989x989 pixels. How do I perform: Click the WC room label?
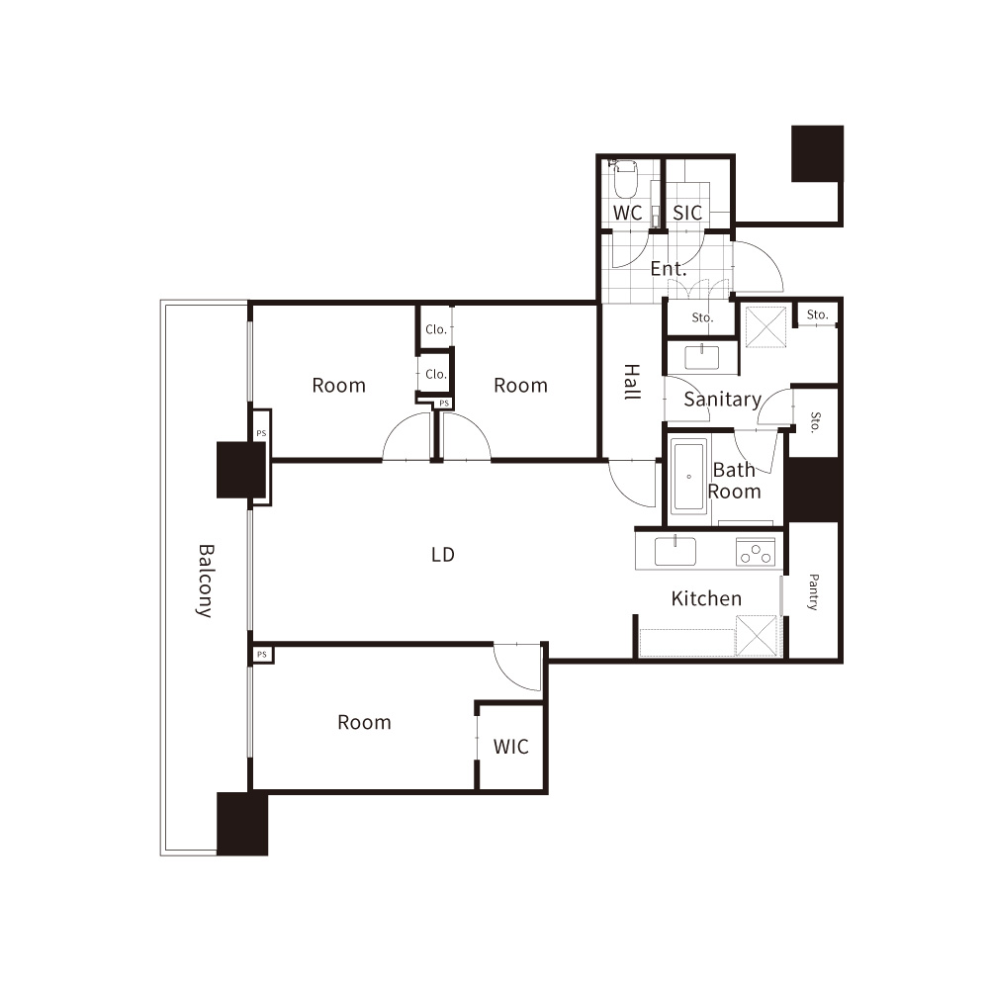628,214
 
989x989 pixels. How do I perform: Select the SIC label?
687,214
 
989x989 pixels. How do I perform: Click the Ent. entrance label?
668,269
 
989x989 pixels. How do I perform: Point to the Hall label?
632,382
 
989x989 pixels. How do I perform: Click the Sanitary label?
723,400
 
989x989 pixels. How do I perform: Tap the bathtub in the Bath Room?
688,477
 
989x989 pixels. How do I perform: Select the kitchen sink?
674,551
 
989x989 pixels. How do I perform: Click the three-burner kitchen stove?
756,552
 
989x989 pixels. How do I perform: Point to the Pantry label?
814,591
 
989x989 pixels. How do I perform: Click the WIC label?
511,747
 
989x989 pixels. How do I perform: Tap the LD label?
443,555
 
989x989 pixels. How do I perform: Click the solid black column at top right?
818,154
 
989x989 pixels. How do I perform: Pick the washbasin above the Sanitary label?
702,357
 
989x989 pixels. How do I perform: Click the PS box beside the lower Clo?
444,404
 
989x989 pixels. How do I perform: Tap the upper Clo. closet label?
436,329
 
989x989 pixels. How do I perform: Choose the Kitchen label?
706,598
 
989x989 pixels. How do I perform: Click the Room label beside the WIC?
365,722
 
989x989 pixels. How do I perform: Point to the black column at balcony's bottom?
242,824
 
